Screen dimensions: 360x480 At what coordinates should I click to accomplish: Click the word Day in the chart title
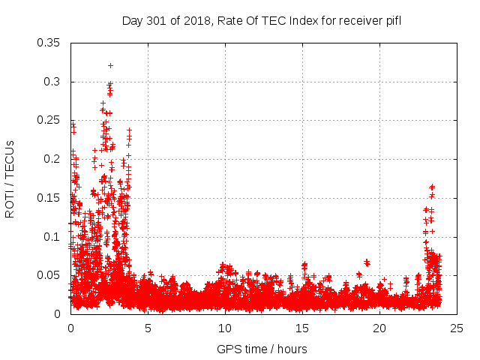[x=132, y=20]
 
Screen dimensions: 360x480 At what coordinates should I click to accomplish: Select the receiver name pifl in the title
[x=391, y=20]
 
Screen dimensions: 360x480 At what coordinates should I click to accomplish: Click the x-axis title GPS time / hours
[x=262, y=349]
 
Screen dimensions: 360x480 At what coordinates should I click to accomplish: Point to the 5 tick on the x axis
[x=148, y=328]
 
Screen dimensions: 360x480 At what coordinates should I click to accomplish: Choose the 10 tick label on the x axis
[x=225, y=328]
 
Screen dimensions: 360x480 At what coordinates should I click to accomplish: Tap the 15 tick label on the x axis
[x=302, y=328]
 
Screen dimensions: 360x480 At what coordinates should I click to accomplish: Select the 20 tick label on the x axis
[x=379, y=328]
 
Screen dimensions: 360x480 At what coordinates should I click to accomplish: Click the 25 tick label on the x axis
[x=457, y=328]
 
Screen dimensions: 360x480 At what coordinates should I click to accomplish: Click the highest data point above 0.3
[x=110, y=65]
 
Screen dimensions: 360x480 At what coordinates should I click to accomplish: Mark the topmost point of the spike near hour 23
[x=432, y=186]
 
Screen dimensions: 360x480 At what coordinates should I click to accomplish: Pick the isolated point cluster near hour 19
[x=367, y=262]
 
